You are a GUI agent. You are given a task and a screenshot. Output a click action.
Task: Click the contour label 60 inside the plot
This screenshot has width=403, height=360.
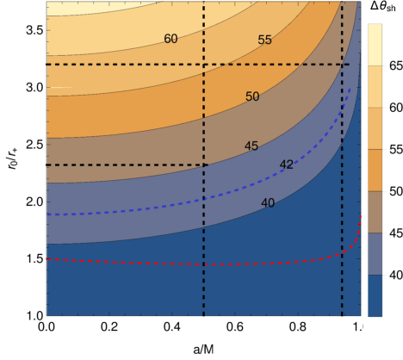(x=170, y=39)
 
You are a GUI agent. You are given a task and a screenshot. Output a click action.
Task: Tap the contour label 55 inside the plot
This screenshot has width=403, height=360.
(x=264, y=40)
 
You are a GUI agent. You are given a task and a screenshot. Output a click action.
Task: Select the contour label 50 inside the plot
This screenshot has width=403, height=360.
(x=252, y=96)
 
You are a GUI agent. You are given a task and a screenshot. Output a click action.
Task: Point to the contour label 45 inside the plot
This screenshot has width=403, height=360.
(x=251, y=146)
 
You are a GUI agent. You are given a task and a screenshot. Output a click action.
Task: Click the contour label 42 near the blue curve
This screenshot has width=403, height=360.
(x=287, y=164)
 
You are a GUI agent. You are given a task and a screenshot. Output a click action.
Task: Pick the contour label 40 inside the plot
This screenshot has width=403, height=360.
(x=268, y=203)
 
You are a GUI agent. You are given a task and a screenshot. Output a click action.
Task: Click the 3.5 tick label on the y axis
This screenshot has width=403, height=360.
(x=34, y=30)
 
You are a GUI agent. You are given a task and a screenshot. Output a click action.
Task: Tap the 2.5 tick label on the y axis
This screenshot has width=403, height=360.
(x=34, y=145)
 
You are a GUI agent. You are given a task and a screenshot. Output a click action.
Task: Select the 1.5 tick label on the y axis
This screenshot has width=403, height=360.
(x=34, y=259)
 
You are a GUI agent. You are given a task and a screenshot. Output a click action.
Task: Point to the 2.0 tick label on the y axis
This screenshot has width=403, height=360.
(x=34, y=202)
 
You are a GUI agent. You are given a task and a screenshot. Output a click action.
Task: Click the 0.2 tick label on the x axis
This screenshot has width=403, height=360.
(x=109, y=326)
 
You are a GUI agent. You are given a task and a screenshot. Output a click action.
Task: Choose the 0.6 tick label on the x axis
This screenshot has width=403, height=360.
(x=235, y=326)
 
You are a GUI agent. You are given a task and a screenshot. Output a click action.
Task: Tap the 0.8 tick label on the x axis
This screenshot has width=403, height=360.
(x=298, y=326)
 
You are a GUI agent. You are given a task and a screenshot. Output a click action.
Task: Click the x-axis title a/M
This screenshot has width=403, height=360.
(x=203, y=350)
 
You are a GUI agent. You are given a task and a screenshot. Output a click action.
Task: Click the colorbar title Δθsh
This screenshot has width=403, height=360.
(x=383, y=7)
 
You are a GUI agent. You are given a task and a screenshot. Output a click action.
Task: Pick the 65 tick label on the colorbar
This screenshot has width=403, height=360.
(x=396, y=65)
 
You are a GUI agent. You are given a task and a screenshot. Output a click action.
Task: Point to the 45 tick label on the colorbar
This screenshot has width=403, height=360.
(x=396, y=233)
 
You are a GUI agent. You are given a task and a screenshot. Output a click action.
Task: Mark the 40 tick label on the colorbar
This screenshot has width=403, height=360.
(x=396, y=276)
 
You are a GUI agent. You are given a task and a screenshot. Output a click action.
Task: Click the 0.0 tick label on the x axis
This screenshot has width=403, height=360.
(x=46, y=326)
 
